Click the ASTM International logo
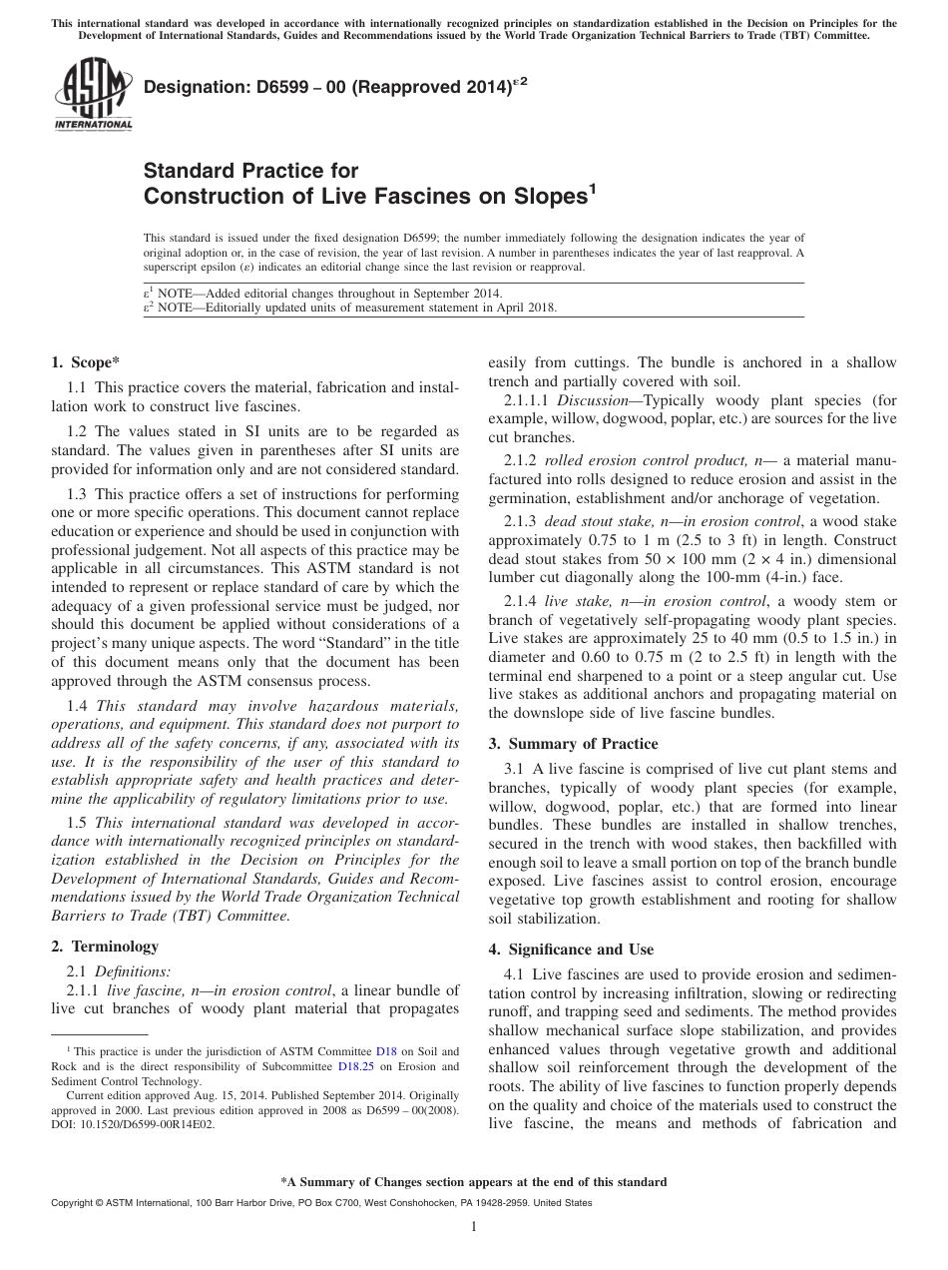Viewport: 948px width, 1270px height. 92,95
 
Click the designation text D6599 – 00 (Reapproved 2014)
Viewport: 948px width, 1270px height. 334,89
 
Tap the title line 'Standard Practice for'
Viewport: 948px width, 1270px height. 250,171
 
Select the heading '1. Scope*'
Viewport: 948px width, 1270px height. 85,361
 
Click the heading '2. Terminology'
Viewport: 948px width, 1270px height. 104,946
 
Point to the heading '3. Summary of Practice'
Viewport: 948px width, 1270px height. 573,743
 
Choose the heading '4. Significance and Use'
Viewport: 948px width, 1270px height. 581,949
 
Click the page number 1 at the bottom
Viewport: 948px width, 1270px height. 474,1227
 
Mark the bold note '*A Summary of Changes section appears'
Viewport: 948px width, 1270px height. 474,1182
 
